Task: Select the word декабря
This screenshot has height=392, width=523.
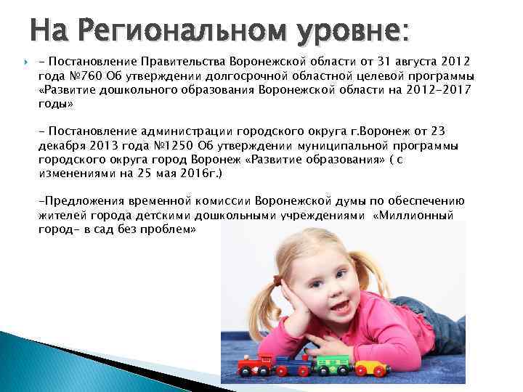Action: coord(60,146)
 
